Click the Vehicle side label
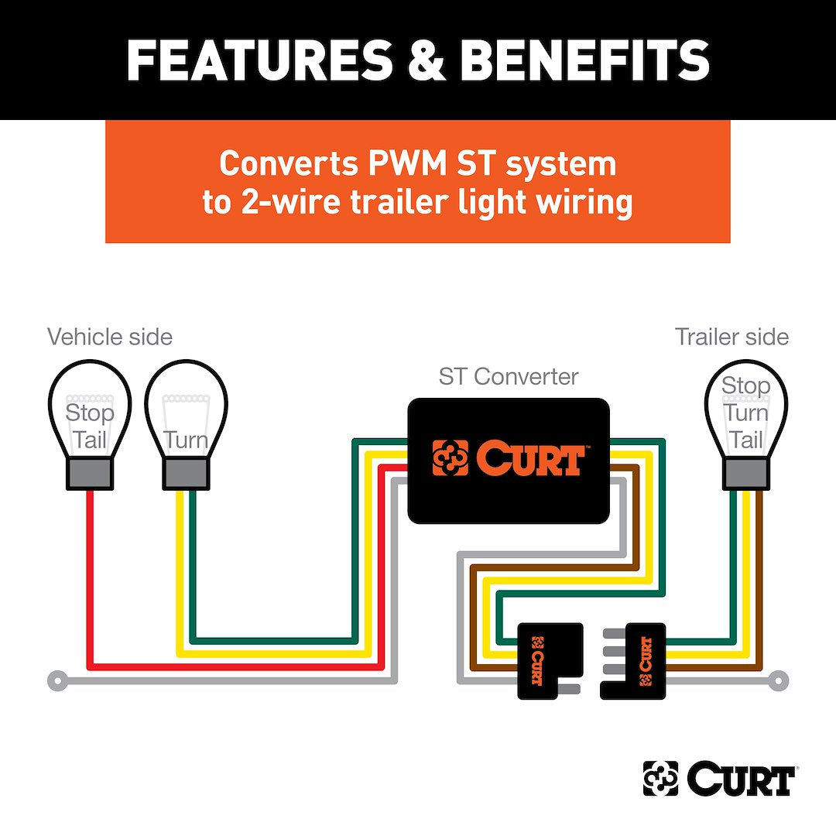click(x=109, y=337)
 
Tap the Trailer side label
click(x=731, y=337)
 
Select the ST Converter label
click(x=508, y=377)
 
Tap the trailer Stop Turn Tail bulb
click(x=745, y=410)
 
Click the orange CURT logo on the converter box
click(x=508, y=458)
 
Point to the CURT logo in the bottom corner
click(x=719, y=778)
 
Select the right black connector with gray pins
click(x=639, y=660)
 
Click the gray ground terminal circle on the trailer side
click(x=779, y=680)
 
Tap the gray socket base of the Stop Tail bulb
click(x=89, y=473)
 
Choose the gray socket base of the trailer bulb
click(x=745, y=473)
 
